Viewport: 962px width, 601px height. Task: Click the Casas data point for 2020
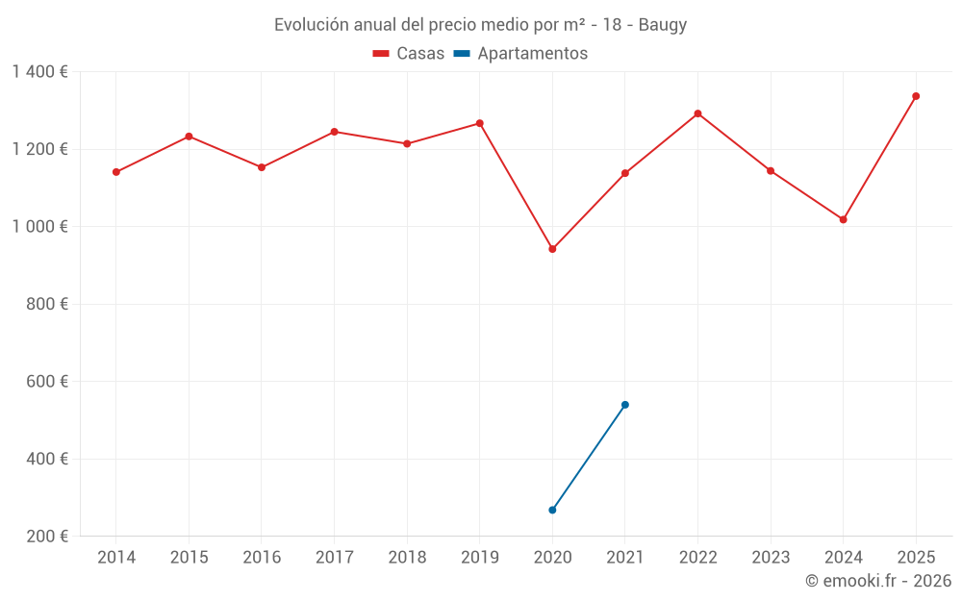552,249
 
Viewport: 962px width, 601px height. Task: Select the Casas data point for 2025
916,96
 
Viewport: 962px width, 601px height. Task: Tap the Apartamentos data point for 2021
625,405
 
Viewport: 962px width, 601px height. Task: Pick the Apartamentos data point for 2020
552,510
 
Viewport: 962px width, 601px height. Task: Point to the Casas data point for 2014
116,172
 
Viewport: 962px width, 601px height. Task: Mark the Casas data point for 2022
697,113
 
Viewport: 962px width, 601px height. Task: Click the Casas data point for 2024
843,219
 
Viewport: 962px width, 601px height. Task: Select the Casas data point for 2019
480,123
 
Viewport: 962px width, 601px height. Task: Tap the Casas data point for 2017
334,132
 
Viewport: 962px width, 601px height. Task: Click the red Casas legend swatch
380,54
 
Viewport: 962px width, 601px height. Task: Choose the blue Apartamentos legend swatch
461,54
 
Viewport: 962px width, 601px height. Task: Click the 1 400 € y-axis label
39,72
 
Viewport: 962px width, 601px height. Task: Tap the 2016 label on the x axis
262,558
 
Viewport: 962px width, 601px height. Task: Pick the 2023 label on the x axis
771,558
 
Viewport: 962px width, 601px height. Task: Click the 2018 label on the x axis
407,558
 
